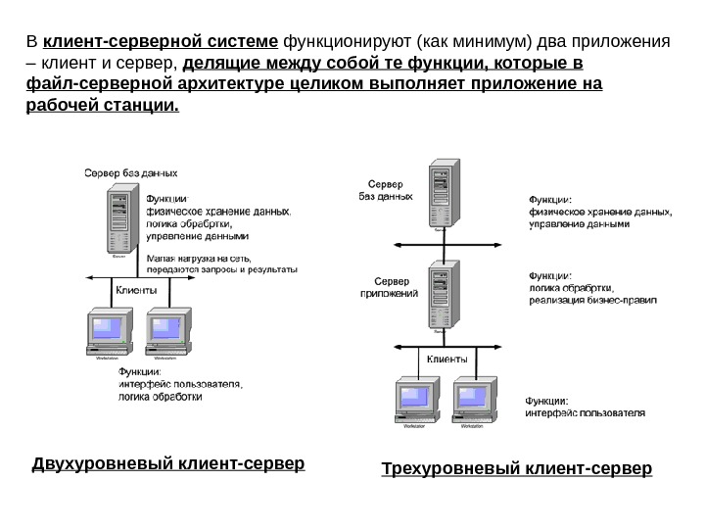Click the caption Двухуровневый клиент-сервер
coord(168,462)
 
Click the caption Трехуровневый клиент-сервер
coord(515,469)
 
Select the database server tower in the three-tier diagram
coord(441,195)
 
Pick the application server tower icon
coord(441,295)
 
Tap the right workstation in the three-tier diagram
coord(470,401)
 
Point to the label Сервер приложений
coord(390,287)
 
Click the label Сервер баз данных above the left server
coord(122,172)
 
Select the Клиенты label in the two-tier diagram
coord(136,290)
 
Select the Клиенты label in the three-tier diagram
coord(447,359)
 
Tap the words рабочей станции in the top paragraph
coord(101,105)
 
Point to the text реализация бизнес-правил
coord(592,300)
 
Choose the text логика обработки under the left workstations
coord(161,398)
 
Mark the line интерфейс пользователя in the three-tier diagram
coord(586,413)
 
